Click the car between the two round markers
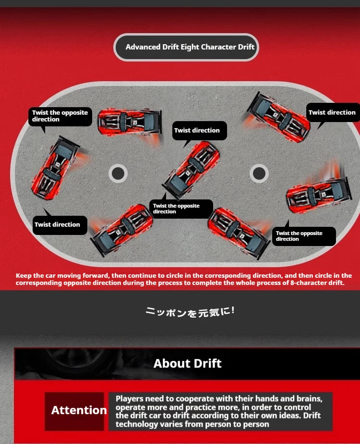(x=191, y=170)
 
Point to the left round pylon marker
(x=118, y=173)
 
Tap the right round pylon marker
(x=259, y=173)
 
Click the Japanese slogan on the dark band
(x=190, y=312)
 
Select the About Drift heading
(x=188, y=363)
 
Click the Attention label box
(x=74, y=411)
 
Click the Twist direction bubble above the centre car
(x=200, y=131)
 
